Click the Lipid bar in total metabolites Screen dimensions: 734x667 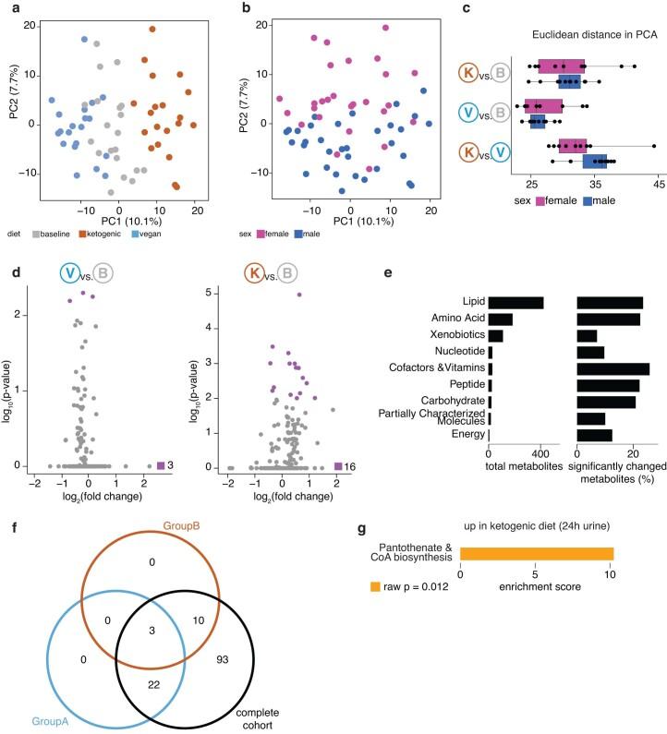click(515, 302)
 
